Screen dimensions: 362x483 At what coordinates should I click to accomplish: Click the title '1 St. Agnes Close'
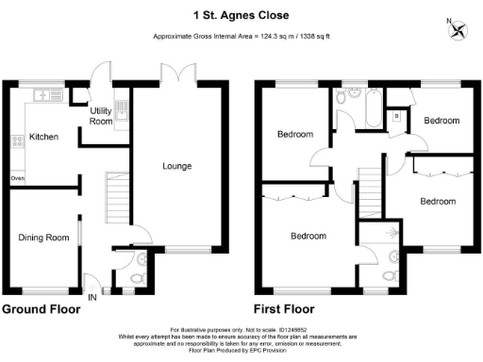241,14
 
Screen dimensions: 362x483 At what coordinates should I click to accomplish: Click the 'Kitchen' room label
43,137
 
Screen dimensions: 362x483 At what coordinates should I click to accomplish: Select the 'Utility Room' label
101,116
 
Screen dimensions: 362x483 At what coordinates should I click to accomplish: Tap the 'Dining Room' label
44,238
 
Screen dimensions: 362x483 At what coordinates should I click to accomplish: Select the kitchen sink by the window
44,94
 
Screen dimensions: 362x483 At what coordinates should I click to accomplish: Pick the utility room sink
120,107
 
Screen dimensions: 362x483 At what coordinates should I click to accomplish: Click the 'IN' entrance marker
92,297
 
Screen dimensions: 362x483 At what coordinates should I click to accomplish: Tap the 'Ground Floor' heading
40,309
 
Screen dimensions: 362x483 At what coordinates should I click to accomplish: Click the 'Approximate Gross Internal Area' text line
241,37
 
